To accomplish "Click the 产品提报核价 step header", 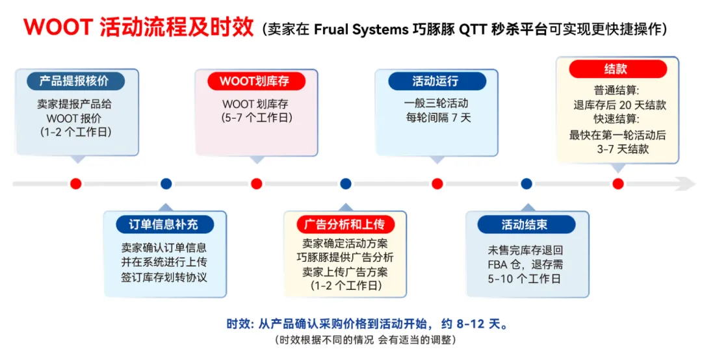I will tap(76, 81).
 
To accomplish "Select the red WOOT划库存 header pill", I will tap(257, 81).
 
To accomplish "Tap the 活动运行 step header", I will tap(437, 81).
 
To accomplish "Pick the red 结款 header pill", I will tap(617, 70).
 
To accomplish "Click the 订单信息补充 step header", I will tap(165, 225).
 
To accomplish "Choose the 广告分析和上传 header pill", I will tap(345, 225).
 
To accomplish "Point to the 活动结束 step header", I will tap(526, 225).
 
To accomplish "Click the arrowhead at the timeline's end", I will tap(687, 184).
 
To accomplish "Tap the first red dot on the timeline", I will tap(76, 184).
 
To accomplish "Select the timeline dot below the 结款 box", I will tap(617, 184).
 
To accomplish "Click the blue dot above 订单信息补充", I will tap(166, 184).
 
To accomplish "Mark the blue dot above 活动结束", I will tap(526, 184).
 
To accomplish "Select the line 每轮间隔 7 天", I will tap(437, 118).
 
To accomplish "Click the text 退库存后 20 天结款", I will tap(617, 105).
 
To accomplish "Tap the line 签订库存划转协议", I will tap(165, 277).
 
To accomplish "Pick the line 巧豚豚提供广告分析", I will tap(345, 258).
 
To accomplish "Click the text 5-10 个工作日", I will tap(526, 279).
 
